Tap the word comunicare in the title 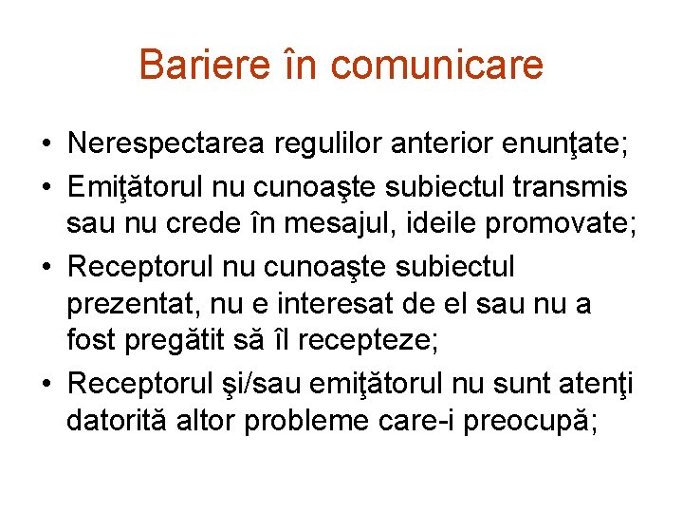pyautogui.click(x=437, y=65)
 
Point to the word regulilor pyautogui.click(x=320, y=144)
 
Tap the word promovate pyautogui.click(x=559, y=226)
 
